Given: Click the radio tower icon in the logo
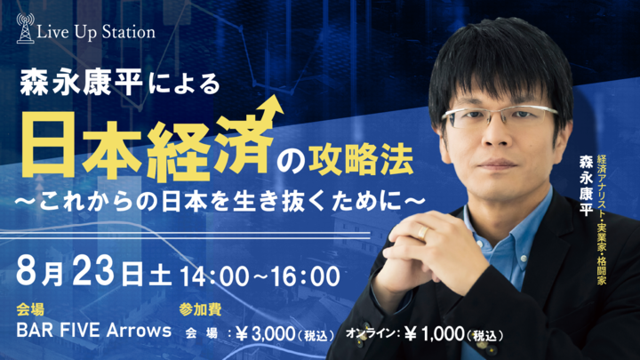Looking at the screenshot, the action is pyautogui.click(x=25, y=28).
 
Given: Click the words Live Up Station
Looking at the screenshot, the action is pyautogui.click(x=96, y=32).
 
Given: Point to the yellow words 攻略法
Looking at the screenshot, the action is pyautogui.click(x=361, y=160).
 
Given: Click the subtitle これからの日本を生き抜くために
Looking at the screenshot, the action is pyautogui.click(x=220, y=201).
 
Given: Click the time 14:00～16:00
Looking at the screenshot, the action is pyautogui.click(x=260, y=276).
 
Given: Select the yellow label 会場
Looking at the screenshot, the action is pyautogui.click(x=30, y=310).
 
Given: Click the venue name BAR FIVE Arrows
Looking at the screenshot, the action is pyautogui.click(x=94, y=331).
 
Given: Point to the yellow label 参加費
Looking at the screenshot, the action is pyautogui.click(x=200, y=310).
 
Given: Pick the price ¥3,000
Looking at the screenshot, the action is pyautogui.click(x=265, y=334).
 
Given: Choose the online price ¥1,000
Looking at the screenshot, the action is pyautogui.click(x=435, y=334).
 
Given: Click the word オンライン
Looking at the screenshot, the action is pyautogui.click(x=371, y=333).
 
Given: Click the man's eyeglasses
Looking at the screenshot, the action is pyautogui.click(x=500, y=116).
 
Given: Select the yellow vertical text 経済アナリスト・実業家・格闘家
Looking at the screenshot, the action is pyautogui.click(x=601, y=220).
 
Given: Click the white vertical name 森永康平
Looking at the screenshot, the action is pyautogui.click(x=586, y=185).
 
